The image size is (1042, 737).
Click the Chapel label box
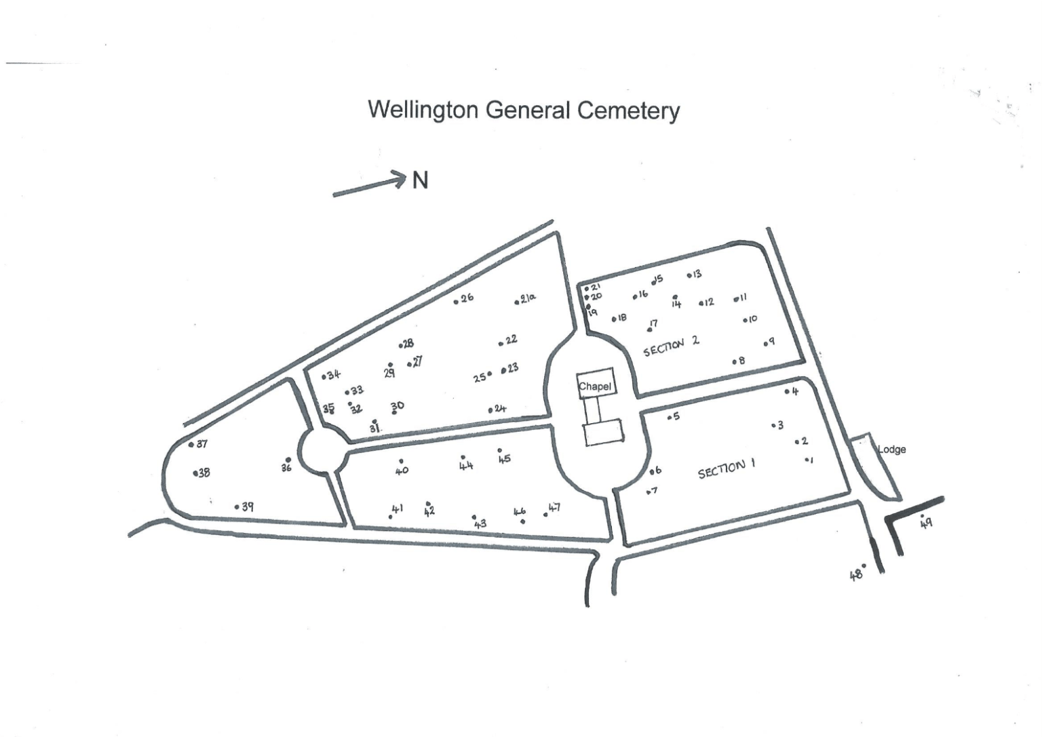[595, 386]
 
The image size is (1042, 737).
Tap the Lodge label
[891, 449]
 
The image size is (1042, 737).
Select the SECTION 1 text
[727, 468]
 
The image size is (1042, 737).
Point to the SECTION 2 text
[671, 345]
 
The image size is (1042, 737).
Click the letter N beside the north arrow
[421, 180]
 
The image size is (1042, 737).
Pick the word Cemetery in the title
[628, 111]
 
